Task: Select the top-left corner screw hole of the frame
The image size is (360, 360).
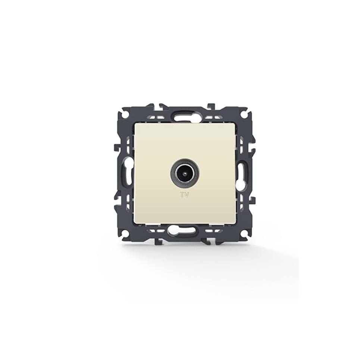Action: coord(124,113)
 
